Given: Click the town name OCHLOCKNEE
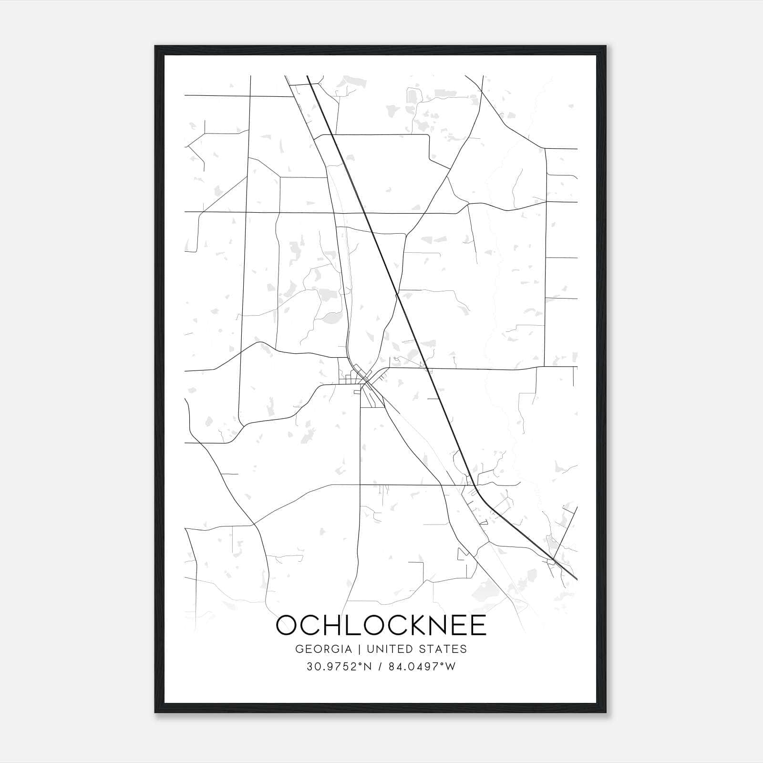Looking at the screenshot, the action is click(x=381, y=625).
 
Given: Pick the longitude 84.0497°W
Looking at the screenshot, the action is click(x=422, y=667).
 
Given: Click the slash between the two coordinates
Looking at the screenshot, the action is click(x=380, y=667).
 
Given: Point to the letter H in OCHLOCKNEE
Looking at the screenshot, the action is click(x=327, y=625).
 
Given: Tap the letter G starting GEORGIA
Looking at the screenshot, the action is click(x=300, y=649).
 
